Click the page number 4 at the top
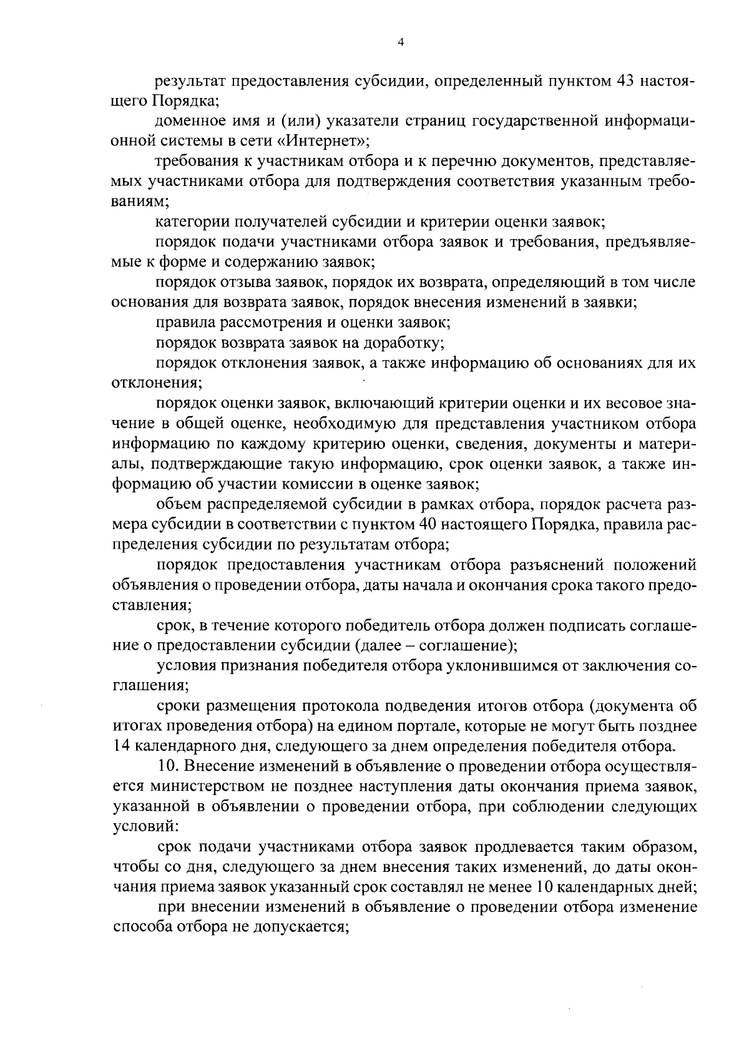pos(401,42)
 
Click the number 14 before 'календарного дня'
pos(120,746)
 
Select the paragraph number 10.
pos(167,766)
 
